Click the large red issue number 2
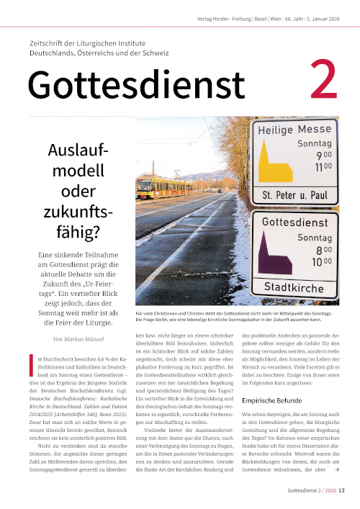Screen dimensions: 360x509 click(322, 84)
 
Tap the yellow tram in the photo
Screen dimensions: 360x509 click(156, 187)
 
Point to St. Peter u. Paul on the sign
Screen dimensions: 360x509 click(295, 194)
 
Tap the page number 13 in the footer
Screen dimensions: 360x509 click(342, 491)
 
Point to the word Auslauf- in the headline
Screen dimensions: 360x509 click(77, 152)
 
